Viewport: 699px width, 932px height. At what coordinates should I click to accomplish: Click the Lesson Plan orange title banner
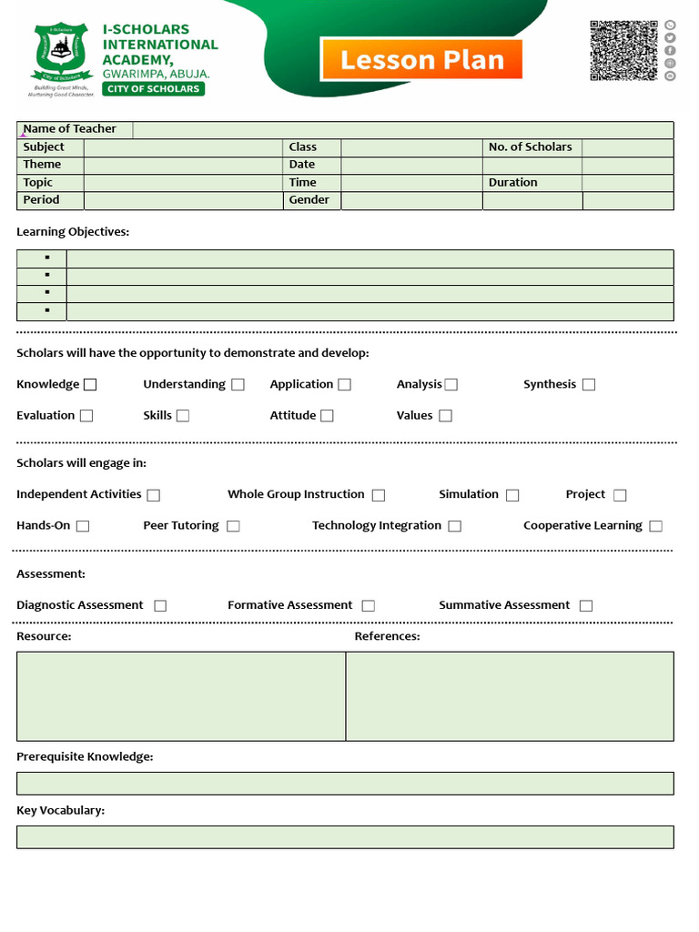pos(421,60)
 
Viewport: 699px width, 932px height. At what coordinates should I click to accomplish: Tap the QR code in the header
pos(623,51)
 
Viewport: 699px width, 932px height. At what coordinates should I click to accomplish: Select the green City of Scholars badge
pos(154,89)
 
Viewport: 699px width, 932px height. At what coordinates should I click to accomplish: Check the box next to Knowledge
pos(90,385)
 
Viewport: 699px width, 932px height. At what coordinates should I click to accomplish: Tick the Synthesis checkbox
pos(589,385)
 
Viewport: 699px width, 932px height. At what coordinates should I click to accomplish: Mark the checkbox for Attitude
pos(327,416)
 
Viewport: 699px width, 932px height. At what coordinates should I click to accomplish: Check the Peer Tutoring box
pos(233,526)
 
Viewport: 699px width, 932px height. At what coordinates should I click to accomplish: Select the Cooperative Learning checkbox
pos(655,526)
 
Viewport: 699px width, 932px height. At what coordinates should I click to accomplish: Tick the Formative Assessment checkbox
pos(368,605)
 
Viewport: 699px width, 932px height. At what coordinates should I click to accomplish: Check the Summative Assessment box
pos(586,605)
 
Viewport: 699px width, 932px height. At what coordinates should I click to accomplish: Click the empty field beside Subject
pos(183,147)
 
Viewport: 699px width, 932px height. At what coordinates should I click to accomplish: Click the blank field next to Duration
pos(628,183)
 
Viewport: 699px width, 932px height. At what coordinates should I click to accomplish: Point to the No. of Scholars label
pos(530,147)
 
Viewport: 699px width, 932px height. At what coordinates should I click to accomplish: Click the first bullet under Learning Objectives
pos(47,258)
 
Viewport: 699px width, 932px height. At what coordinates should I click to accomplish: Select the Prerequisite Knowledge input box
pos(345,784)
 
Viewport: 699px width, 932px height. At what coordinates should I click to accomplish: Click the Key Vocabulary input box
pos(345,837)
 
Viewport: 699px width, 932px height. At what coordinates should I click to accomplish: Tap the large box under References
pos(510,696)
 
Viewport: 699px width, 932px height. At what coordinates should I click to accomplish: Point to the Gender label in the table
pos(309,200)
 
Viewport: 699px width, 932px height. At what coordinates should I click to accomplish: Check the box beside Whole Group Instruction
pos(379,495)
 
